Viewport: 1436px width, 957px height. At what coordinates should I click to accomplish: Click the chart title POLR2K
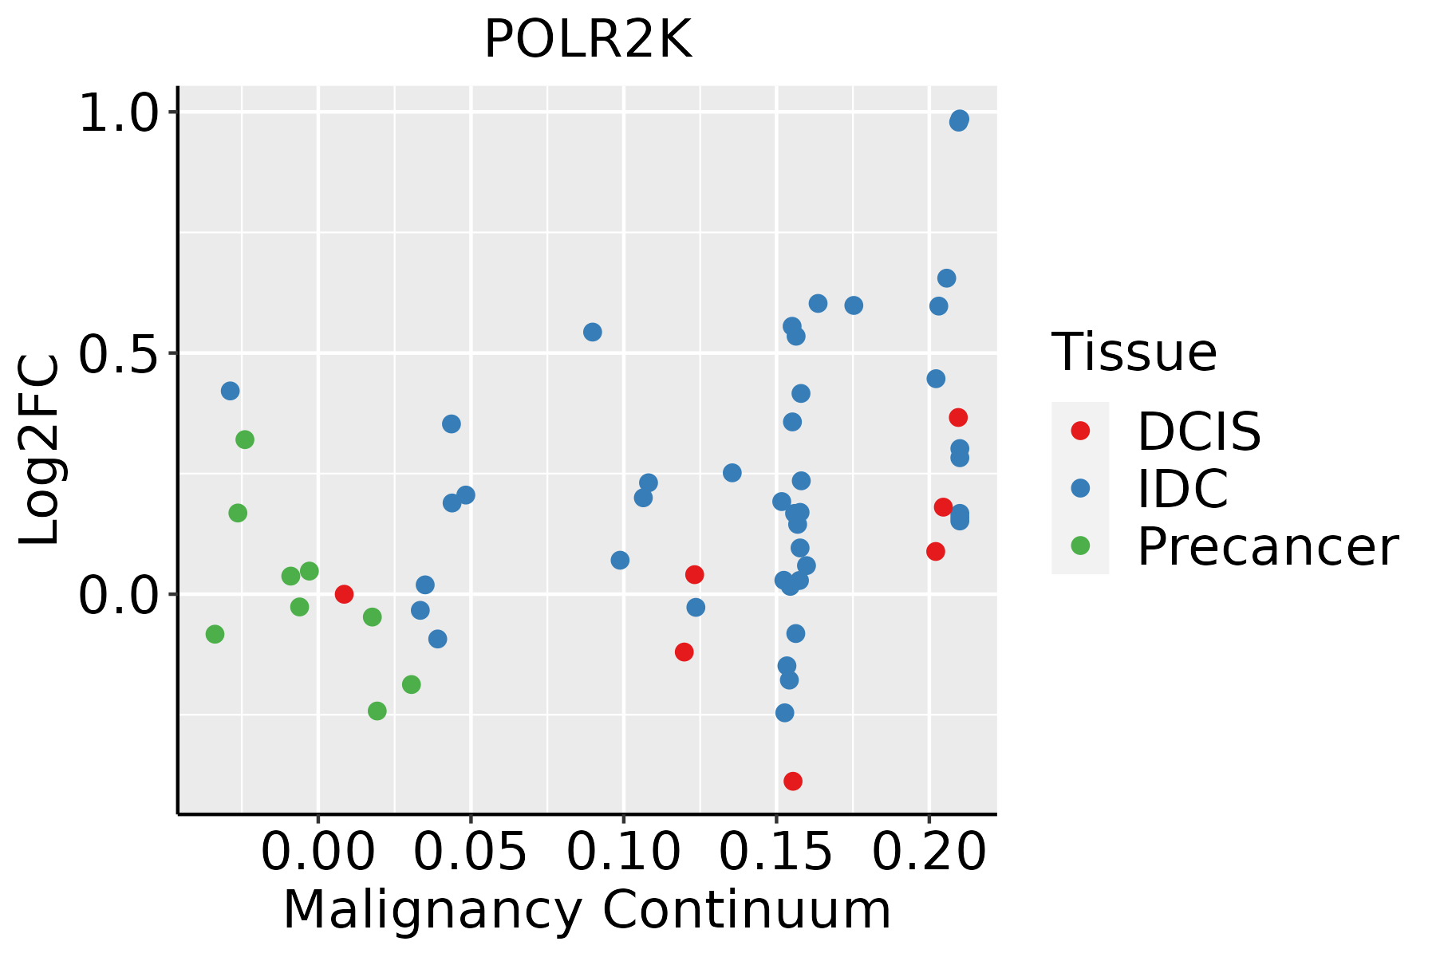587,40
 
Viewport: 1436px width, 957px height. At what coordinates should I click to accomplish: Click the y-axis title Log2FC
40,451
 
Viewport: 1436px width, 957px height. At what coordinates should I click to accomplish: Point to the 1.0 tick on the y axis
120,112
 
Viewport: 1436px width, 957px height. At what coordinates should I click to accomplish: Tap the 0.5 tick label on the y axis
120,353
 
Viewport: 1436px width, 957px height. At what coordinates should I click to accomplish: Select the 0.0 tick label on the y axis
120,595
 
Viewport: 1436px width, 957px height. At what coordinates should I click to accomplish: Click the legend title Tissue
1134,352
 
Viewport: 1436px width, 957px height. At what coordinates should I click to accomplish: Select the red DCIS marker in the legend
1080,431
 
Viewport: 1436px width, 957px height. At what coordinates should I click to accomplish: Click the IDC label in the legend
1182,489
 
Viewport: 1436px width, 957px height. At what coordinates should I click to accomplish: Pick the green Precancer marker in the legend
1080,546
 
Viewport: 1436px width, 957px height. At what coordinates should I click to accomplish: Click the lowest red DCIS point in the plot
792,781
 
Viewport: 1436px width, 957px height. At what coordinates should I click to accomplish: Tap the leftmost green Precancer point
215,634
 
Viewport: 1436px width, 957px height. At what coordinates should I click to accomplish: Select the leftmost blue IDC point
230,391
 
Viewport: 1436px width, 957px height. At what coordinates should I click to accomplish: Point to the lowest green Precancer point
377,711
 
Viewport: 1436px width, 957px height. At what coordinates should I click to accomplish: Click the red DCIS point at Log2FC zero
344,594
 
